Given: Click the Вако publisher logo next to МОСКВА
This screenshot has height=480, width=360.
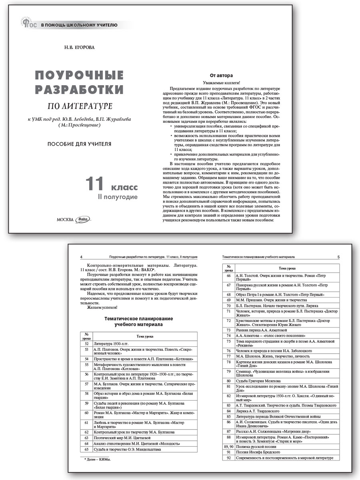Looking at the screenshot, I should coord(83,219).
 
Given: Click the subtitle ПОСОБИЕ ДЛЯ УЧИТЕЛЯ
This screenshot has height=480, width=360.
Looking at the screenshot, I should coord(79,144).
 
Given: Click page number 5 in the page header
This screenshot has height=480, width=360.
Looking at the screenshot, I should coord(338,257).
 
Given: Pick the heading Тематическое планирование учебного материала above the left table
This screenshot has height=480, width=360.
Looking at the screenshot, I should coord(138,322).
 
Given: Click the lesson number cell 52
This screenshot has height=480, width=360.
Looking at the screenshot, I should coord(86,343).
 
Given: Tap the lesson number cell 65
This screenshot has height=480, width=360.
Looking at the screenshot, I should coord(86,449).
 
